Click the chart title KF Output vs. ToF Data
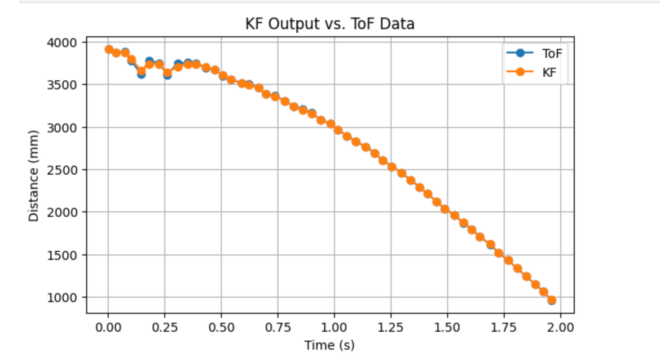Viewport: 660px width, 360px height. click(x=330, y=24)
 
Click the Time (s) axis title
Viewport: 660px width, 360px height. click(x=330, y=345)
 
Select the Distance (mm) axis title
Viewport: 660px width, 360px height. click(x=34, y=176)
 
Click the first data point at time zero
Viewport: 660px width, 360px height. click(x=109, y=49)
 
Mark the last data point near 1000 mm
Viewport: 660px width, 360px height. click(x=551, y=300)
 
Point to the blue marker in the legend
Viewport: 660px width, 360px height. click(x=520, y=53)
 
